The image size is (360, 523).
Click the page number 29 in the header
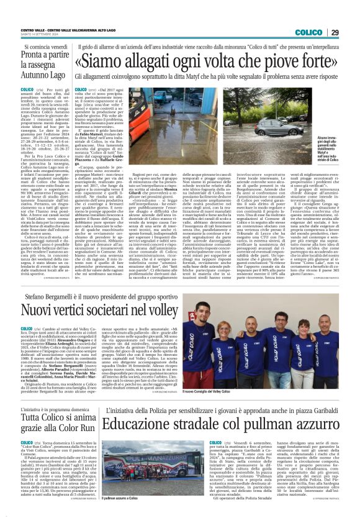(351, 32)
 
